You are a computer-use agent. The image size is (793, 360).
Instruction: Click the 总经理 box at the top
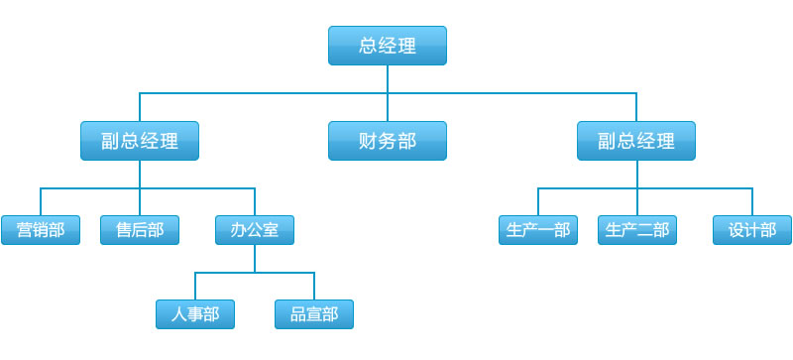tap(388, 46)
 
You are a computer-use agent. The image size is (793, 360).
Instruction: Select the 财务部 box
tap(388, 141)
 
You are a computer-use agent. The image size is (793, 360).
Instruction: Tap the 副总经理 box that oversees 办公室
tap(140, 141)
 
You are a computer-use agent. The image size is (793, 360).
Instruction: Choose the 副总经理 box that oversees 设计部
tap(636, 141)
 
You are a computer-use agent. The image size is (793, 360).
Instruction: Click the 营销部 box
tap(41, 230)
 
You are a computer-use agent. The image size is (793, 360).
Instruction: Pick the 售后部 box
tap(140, 230)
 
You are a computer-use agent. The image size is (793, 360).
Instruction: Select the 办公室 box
tap(255, 230)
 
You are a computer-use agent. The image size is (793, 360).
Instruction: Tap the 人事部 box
tap(195, 314)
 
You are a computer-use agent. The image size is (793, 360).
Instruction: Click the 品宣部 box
tap(314, 314)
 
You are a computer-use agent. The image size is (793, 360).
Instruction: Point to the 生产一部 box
tap(538, 230)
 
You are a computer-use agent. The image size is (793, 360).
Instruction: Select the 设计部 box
tap(752, 230)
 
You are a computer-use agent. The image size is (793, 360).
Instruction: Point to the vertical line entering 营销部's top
tap(41, 201)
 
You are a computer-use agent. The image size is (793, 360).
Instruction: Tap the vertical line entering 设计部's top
tap(752, 201)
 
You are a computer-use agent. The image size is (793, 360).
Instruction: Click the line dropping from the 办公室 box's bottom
tap(255, 258)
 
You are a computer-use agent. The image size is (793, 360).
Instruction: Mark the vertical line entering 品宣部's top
tap(314, 286)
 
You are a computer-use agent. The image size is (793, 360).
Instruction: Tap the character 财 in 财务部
tap(368, 141)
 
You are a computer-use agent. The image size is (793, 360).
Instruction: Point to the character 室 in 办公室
tap(272, 230)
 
